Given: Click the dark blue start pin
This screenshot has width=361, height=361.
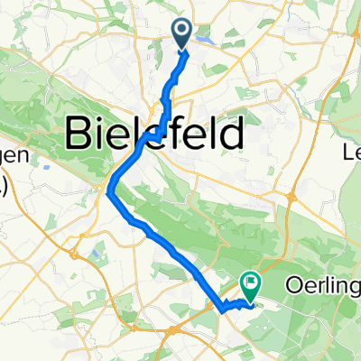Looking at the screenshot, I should point(181,34).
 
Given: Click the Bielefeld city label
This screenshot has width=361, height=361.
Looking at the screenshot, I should point(155,137).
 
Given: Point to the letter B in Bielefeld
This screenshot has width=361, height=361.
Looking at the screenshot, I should point(79,137).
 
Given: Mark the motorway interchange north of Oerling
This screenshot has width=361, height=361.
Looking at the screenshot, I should point(290,196).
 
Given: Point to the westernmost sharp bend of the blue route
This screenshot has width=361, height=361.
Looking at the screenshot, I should point(110,190).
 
